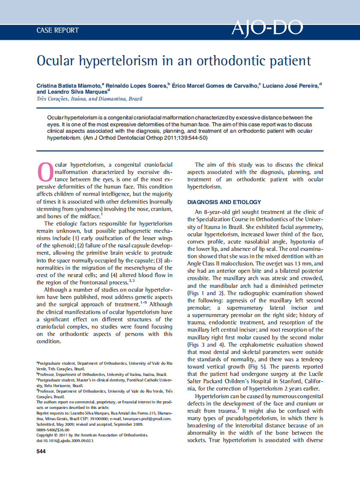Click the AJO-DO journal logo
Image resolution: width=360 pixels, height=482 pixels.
[267, 28]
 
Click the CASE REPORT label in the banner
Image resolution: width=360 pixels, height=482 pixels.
[58, 31]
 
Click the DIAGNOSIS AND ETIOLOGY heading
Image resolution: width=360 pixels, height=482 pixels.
[224, 202]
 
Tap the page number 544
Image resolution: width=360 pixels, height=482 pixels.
[41, 451]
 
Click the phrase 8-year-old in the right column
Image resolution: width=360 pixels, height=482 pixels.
[217, 212]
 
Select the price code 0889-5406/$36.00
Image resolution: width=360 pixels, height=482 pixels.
[52, 430]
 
